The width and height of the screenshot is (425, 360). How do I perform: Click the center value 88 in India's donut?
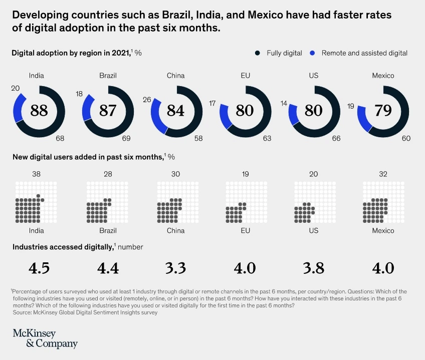click(x=39, y=110)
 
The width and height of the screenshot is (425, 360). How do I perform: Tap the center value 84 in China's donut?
click(x=175, y=110)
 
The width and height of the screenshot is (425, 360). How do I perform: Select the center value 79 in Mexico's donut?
click(x=383, y=110)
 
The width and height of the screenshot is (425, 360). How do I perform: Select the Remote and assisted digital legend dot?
click(x=313, y=53)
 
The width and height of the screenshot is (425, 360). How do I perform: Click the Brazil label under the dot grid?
click(x=108, y=231)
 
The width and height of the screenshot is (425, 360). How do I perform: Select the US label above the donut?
click(x=313, y=76)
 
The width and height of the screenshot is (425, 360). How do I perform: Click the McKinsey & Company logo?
click(x=45, y=338)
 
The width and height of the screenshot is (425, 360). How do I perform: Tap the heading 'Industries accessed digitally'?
click(x=62, y=247)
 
